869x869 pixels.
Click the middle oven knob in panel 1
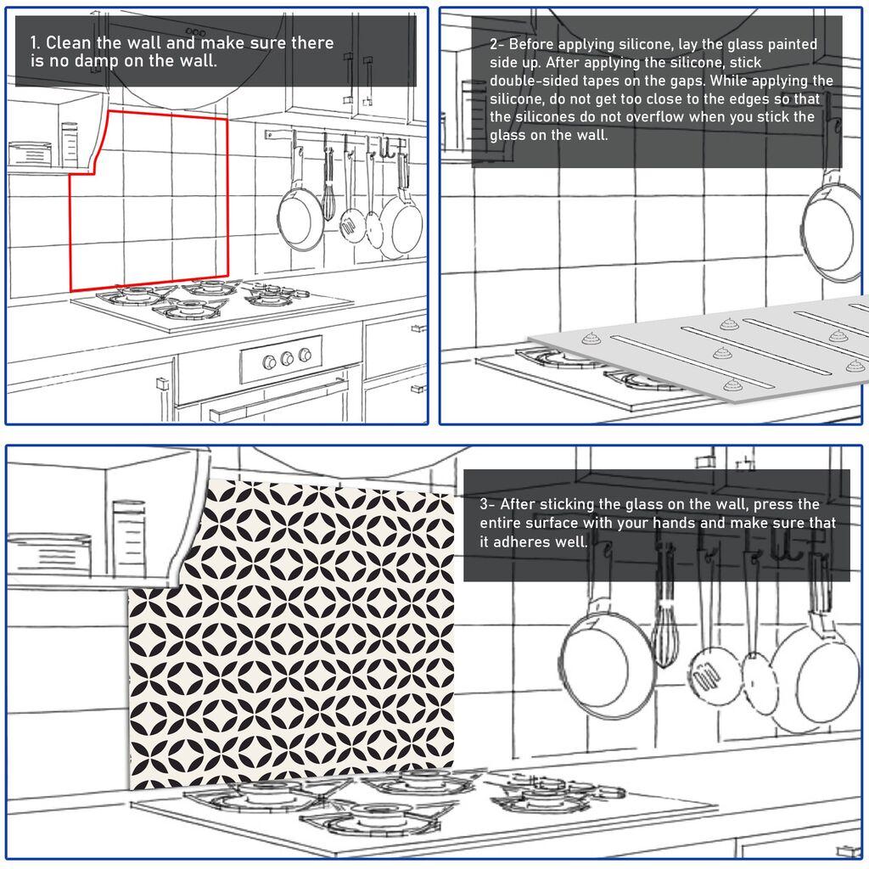tap(288, 358)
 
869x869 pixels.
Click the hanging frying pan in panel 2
tap(832, 229)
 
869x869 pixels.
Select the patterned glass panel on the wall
tap(293, 632)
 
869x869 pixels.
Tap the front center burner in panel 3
tap(367, 819)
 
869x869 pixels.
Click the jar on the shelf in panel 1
tap(70, 144)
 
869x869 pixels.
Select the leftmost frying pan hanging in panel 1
tap(300, 217)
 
